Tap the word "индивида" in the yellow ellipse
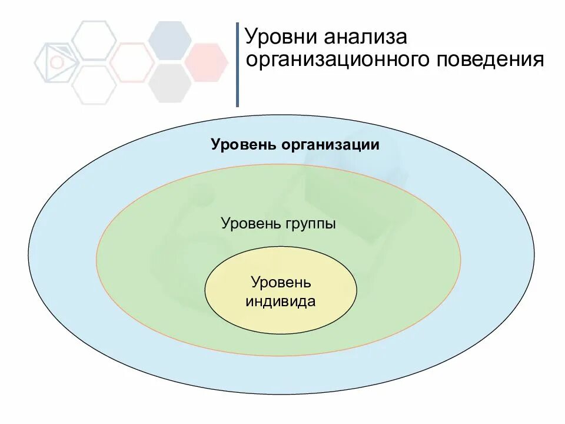(x=281, y=302)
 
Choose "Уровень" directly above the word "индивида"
(x=281, y=283)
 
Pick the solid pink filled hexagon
(x=207, y=61)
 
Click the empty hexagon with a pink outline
(x=131, y=62)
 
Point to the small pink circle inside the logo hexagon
(x=57, y=62)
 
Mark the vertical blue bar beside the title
(x=237, y=65)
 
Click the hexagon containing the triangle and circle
(x=56, y=62)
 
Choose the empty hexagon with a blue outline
(x=94, y=39)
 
